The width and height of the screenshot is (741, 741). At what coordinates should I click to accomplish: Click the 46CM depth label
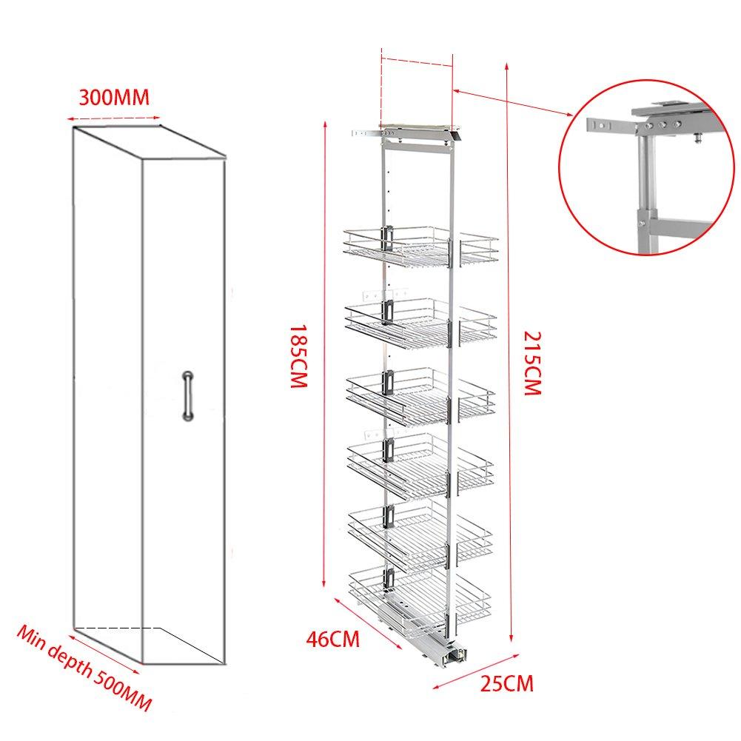(335, 637)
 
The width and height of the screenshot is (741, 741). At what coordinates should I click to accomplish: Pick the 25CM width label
(506, 682)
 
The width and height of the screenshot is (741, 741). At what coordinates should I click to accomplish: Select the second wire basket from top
(420, 321)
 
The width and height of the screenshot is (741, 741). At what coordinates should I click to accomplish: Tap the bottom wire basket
(420, 592)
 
